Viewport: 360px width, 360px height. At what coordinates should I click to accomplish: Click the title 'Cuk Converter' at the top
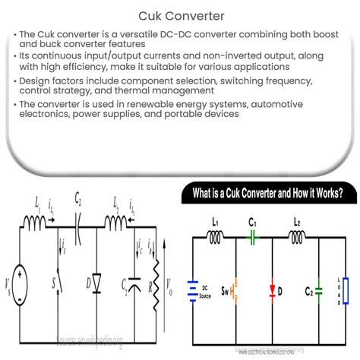[x=179, y=14]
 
